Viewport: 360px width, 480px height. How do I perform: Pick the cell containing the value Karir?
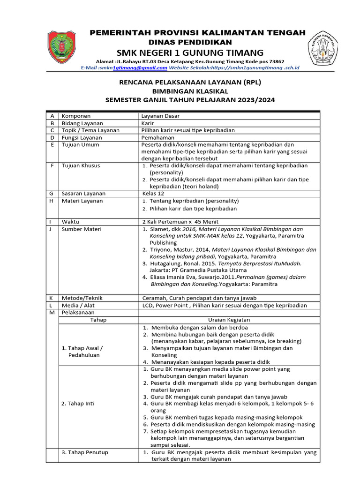pos(148,123)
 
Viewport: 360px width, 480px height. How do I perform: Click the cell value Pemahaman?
pos(157,137)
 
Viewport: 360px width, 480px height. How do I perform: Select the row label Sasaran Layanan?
pos(83,193)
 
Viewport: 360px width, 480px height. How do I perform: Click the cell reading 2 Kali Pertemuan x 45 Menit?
pos(180,221)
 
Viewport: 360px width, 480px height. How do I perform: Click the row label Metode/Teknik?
pos(82,298)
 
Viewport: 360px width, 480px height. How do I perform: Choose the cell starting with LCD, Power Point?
pos(225,305)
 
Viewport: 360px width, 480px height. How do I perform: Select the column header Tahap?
pos(98,320)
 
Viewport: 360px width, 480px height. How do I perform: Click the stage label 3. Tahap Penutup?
pos(85,452)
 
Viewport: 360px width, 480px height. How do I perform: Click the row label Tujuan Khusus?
pos(81,165)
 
